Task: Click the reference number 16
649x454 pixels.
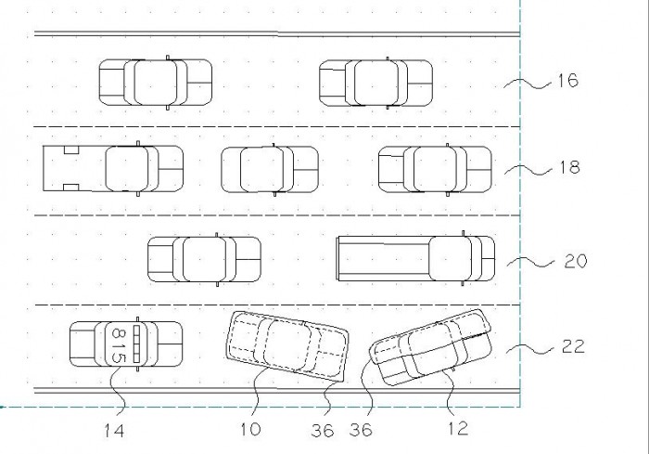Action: [567, 81]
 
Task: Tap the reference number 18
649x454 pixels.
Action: [569, 167]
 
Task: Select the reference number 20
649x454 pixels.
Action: [576, 261]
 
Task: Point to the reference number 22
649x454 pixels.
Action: [573, 346]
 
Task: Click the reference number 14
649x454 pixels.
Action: [114, 431]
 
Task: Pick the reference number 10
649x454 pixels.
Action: [251, 429]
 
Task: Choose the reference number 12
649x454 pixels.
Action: [458, 428]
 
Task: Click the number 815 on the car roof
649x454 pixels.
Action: [119, 344]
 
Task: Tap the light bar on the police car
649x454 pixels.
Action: [136, 344]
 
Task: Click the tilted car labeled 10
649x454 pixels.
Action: [287, 346]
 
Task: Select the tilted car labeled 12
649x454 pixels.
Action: [431, 347]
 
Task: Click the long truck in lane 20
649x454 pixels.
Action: [415, 258]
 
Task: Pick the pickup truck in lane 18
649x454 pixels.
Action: [113, 168]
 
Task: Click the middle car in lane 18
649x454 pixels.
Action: [270, 170]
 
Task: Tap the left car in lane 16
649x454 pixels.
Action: [156, 83]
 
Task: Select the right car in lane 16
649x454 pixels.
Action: [375, 83]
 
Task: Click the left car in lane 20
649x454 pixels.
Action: [205, 260]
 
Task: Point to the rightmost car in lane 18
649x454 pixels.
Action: [436, 170]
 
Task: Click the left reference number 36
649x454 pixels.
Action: [323, 431]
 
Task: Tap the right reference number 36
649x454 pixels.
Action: [361, 430]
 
